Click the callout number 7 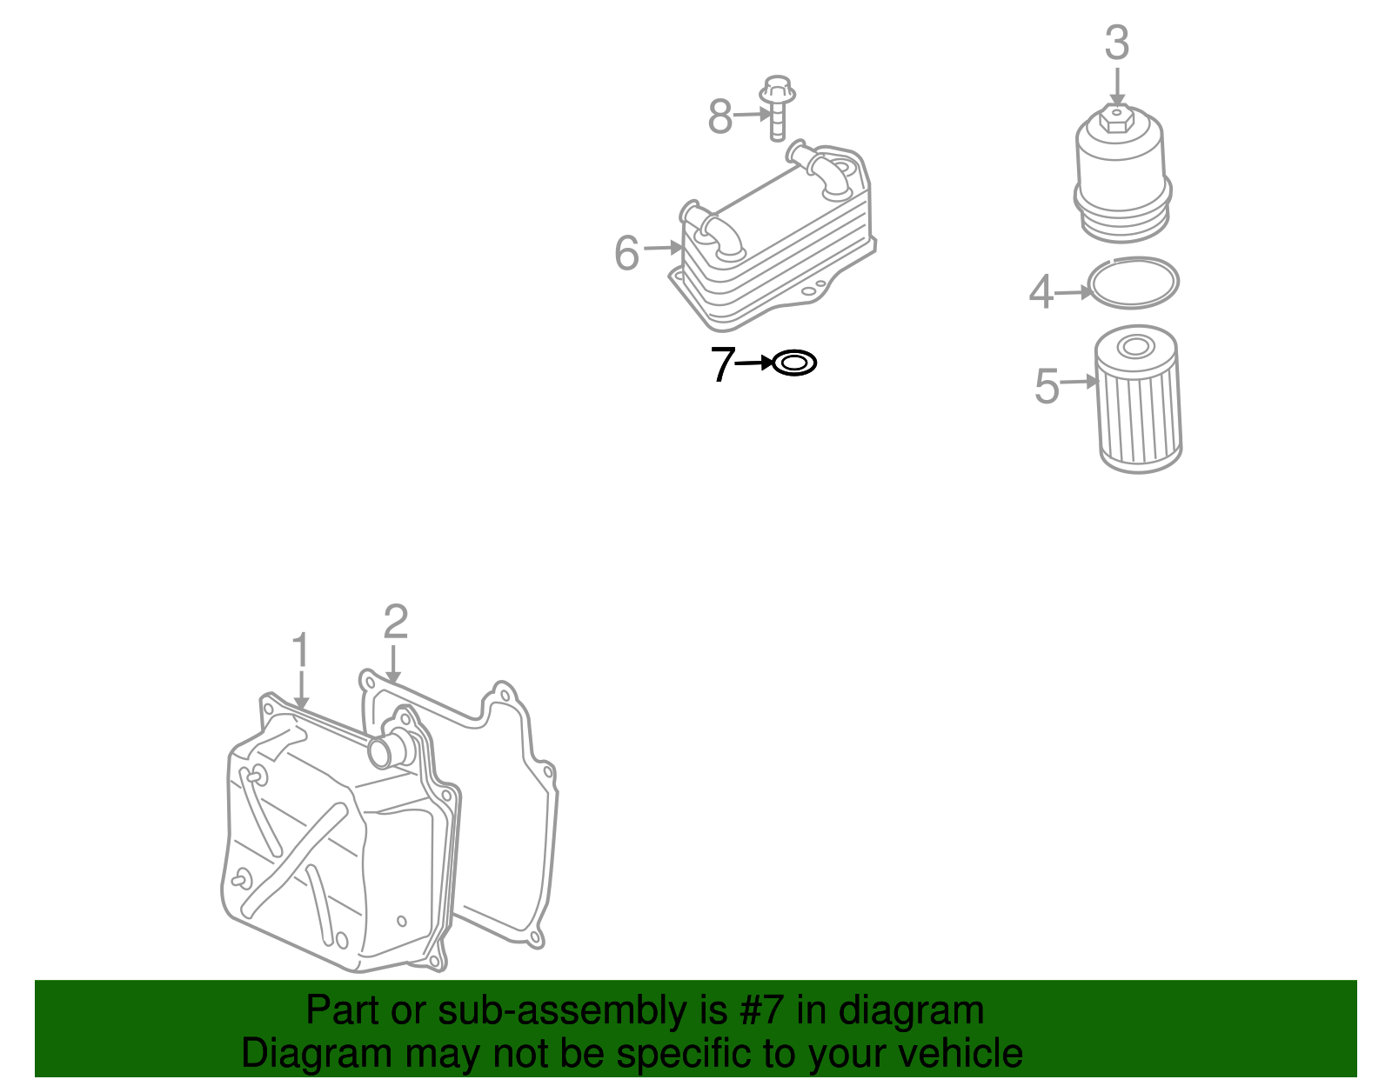click(x=722, y=364)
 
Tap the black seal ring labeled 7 click(x=794, y=363)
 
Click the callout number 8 click(x=720, y=117)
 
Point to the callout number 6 click(x=626, y=253)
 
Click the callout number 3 click(x=1117, y=43)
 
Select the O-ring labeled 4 click(x=1134, y=282)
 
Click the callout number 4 click(x=1041, y=292)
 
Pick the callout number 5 click(x=1047, y=386)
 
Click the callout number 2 click(x=396, y=622)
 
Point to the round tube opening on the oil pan click(x=381, y=752)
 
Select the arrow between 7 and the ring click(x=754, y=363)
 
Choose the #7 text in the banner click(x=763, y=1010)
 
